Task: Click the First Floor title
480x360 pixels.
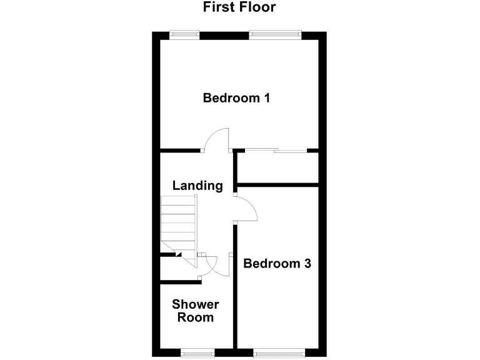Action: [x=239, y=7]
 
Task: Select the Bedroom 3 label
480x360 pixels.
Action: [x=277, y=264]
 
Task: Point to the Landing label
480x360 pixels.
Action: [x=197, y=186]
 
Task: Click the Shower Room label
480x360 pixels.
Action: [x=196, y=311]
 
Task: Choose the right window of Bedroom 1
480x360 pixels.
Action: [x=276, y=35]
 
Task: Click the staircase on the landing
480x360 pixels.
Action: [x=179, y=222]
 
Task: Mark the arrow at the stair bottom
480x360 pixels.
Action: [x=178, y=254]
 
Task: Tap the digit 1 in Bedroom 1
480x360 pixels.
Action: [x=266, y=98]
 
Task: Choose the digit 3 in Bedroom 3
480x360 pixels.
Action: [x=306, y=264]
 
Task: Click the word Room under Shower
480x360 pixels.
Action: [x=196, y=317]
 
